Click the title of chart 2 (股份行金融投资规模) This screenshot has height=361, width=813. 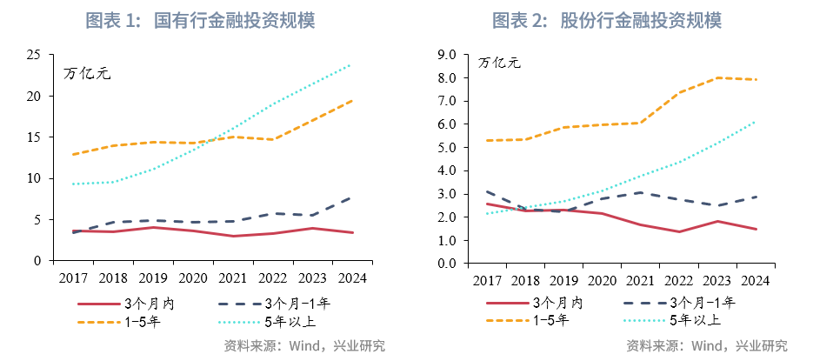[x=607, y=20]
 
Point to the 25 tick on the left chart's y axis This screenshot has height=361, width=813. [x=34, y=55]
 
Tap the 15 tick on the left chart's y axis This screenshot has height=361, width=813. [x=34, y=137]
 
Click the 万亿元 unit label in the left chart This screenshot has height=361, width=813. [x=88, y=73]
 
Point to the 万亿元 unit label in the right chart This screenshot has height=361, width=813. [x=499, y=63]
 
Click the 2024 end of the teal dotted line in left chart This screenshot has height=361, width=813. [x=350, y=64]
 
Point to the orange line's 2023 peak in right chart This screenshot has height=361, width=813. [x=716, y=77]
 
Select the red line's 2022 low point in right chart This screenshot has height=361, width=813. [x=678, y=231]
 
